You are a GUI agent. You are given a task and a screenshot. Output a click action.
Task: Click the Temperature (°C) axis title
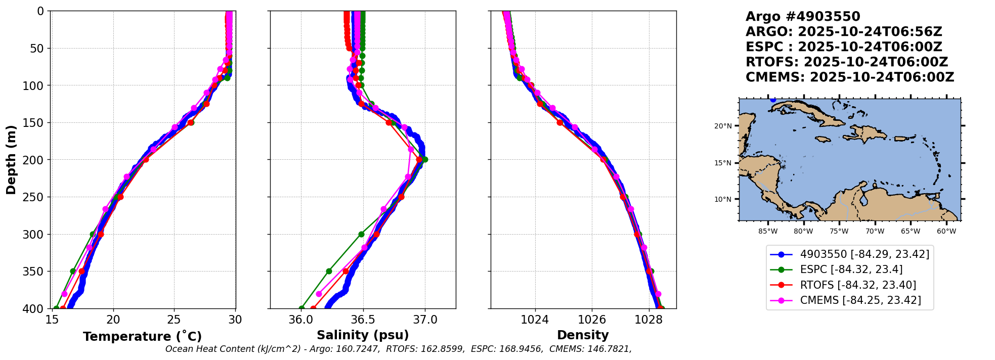tap(143, 336)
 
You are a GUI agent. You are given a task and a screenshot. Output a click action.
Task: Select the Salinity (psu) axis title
tap(363, 335)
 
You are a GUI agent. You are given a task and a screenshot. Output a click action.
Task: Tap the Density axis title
tap(583, 335)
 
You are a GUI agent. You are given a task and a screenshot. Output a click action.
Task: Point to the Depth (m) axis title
tap(11, 160)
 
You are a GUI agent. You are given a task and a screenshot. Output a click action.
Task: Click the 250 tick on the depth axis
tap(36, 197)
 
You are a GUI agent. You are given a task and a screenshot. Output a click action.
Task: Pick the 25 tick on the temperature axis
tap(174, 320)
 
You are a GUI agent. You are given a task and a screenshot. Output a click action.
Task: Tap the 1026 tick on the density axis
tap(592, 320)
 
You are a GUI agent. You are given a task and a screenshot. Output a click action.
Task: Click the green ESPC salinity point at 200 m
tap(425, 160)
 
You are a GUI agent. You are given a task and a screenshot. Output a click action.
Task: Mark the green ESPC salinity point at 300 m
tap(361, 234)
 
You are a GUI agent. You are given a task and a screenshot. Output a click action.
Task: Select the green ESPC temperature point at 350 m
tap(73, 272)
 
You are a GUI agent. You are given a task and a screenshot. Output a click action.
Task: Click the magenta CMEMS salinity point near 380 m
tap(319, 294)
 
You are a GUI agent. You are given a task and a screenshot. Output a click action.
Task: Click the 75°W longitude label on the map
tap(839, 232)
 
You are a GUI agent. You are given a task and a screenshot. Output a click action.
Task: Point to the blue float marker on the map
tap(773, 100)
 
